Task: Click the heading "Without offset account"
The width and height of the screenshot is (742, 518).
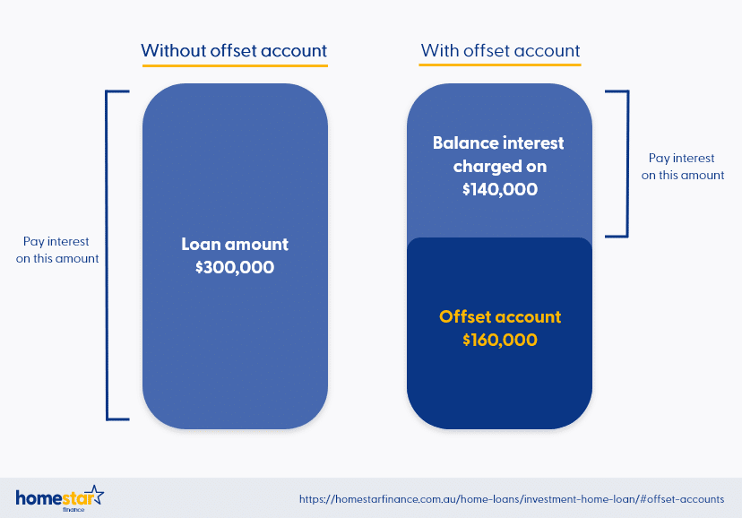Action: click(234, 50)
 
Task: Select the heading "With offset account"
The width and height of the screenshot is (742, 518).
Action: click(500, 50)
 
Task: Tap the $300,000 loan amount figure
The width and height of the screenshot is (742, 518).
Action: click(235, 267)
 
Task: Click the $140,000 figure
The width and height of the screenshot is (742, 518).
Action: click(500, 189)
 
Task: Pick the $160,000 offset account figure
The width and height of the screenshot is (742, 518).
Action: click(500, 340)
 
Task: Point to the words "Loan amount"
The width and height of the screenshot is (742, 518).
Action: click(235, 244)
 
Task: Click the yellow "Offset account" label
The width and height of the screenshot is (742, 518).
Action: click(500, 316)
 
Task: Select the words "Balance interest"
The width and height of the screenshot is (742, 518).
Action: click(498, 142)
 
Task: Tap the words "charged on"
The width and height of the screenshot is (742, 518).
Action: click(500, 166)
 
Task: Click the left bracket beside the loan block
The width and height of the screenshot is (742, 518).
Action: click(108, 255)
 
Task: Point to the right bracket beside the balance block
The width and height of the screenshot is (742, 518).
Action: click(627, 164)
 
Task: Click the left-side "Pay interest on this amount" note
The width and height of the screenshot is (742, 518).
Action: click(57, 250)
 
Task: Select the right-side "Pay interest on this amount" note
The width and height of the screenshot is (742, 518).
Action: click(682, 167)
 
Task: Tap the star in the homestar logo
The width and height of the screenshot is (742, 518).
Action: click(96, 495)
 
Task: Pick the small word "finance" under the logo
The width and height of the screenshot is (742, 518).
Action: click(73, 510)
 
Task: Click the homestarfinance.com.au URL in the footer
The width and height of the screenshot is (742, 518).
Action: click(512, 499)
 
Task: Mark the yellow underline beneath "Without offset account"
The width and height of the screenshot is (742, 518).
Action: click(235, 65)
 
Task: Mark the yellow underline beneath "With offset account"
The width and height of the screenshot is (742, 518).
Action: click(500, 65)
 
